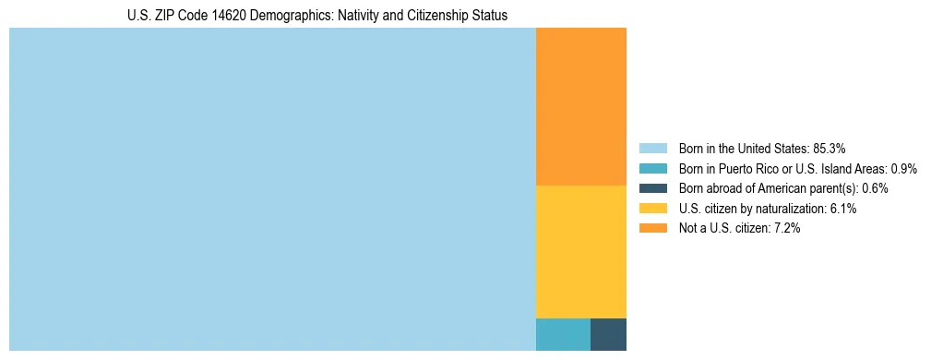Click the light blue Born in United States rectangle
point(272,189)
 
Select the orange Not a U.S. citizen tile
point(581,106)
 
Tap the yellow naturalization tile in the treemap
point(581,251)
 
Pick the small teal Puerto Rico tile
point(563,334)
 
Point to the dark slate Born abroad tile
point(608,334)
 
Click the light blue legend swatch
point(652,148)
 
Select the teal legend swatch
point(652,168)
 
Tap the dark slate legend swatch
point(652,188)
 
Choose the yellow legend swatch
point(652,209)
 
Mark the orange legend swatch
point(652,228)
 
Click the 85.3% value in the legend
point(829,148)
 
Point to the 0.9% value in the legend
point(903,168)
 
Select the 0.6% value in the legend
point(875,188)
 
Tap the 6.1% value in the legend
point(842,209)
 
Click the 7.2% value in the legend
point(785,228)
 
